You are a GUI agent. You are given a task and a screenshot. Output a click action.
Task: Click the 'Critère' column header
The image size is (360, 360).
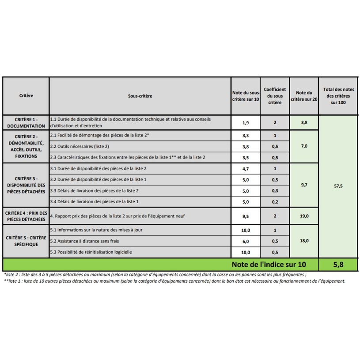(26, 96)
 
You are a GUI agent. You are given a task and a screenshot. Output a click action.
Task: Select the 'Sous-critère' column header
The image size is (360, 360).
(140, 96)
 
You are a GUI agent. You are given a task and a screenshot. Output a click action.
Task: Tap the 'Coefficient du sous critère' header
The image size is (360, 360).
(275, 96)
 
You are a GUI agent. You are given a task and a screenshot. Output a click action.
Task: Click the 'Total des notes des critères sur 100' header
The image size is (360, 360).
(338, 96)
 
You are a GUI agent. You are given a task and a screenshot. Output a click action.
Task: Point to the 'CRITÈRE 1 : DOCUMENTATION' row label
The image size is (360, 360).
(26, 122)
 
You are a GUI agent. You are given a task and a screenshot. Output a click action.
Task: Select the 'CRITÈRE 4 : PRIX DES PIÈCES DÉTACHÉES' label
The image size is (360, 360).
(26, 216)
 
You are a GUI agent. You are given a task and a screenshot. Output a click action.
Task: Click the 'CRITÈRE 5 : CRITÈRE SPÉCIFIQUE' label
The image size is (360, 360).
(26, 241)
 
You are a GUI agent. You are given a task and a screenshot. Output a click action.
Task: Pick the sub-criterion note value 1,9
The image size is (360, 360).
(246, 122)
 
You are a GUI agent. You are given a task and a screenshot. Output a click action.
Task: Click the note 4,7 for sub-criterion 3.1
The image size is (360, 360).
(246, 169)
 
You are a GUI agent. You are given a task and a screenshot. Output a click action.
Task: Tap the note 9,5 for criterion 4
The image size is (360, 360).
(246, 216)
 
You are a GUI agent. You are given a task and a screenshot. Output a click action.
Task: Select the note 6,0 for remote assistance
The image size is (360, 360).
(246, 241)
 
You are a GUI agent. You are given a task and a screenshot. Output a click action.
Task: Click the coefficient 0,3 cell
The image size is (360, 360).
(275, 191)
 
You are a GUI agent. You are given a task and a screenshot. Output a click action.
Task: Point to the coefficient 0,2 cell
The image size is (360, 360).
(275, 202)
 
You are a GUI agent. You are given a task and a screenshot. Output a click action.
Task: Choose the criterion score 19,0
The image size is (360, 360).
(304, 216)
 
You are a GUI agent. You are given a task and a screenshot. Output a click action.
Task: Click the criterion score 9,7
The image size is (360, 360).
(304, 185)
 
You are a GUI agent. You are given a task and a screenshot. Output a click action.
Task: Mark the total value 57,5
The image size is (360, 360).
(338, 186)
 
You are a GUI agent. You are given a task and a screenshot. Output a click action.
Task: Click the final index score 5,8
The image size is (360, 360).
(338, 265)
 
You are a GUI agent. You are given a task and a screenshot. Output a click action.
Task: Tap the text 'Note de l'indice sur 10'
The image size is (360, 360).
(274, 265)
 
